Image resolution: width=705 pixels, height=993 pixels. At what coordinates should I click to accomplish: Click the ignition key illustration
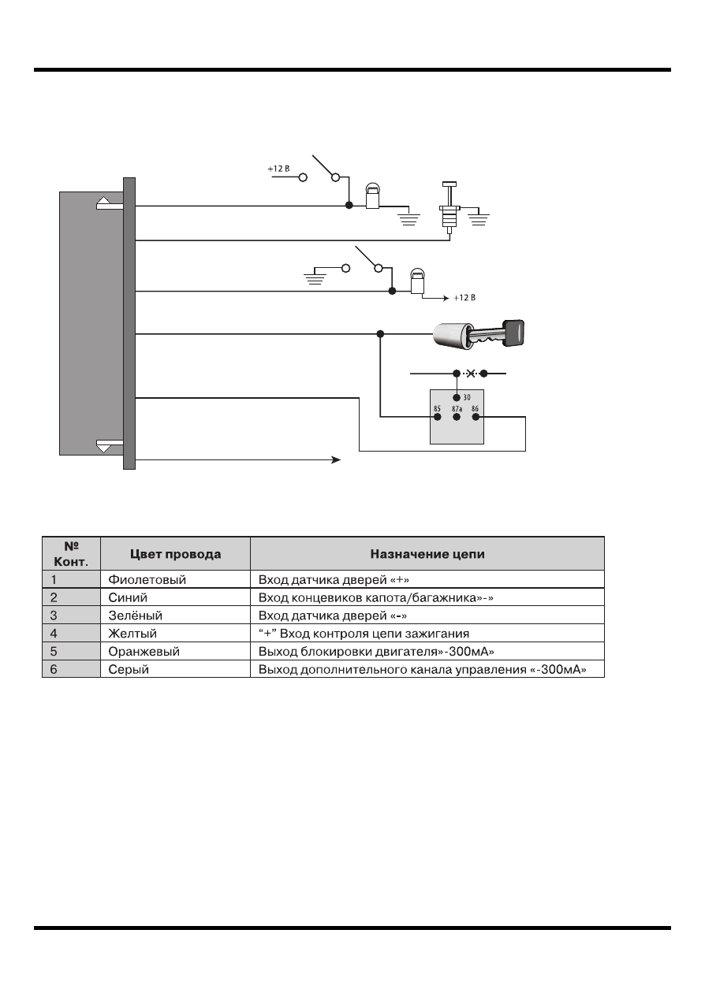coord(479,333)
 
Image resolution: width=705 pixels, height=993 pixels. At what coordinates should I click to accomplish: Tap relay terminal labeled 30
coord(457,397)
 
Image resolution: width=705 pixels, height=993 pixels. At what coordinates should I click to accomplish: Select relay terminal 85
coord(438,417)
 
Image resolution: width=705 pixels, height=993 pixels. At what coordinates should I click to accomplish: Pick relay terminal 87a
coord(457,417)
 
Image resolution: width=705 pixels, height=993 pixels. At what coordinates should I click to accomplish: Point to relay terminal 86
coord(476,417)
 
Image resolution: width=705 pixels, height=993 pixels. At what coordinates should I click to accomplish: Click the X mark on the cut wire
coord(471,374)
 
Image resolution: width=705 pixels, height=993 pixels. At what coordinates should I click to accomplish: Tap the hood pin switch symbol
coord(449,207)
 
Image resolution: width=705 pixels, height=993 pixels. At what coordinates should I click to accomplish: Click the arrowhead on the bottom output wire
coord(336,460)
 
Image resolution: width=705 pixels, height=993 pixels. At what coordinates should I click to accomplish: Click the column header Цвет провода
coord(175,554)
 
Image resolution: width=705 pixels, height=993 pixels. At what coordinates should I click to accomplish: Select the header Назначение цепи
coord(427,554)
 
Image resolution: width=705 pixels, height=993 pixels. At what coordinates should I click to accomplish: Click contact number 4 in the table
coord(54,634)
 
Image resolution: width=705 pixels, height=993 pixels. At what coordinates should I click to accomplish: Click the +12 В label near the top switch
coord(278,169)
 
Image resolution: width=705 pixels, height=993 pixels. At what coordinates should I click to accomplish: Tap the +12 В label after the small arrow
coord(464,298)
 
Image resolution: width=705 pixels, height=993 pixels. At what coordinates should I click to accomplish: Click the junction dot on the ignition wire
coord(380,334)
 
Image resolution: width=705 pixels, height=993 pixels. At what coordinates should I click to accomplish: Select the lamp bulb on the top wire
coord(372,196)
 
